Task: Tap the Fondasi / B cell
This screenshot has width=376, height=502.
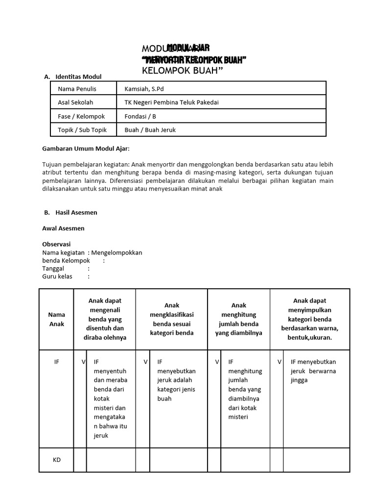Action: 141,116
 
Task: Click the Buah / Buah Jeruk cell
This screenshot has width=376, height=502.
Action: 150,130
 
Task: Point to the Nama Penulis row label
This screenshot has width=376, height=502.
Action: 77,89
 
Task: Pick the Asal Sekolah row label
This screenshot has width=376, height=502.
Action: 75,102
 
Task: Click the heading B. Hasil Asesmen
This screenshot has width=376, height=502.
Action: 70,212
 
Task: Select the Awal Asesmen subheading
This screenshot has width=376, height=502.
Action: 63,228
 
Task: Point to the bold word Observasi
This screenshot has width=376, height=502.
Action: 57,244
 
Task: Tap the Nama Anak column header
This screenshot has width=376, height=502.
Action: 56,319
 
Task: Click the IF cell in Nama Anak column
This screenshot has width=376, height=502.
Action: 56,362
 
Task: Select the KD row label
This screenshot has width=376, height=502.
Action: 56,460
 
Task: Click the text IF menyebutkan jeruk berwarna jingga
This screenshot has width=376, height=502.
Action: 313,371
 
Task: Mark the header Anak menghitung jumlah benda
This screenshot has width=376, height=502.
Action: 239,319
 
